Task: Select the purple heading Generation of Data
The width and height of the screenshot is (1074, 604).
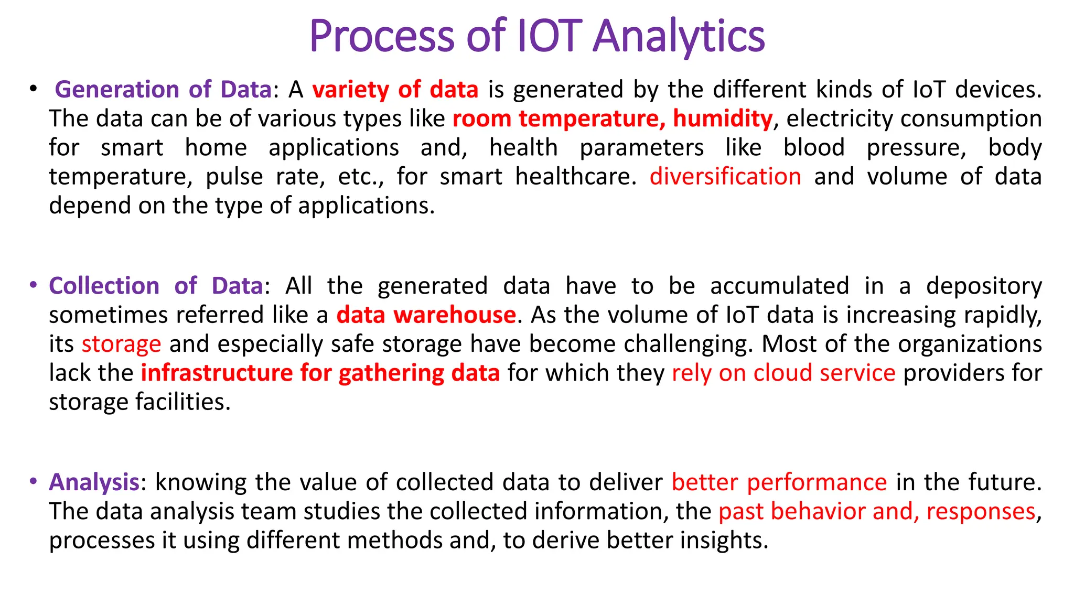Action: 163,90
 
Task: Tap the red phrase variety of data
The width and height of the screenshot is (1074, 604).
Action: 395,90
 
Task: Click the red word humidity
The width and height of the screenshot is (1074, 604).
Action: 722,118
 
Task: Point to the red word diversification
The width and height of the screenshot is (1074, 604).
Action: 725,177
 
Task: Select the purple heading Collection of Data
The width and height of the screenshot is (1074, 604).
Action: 156,286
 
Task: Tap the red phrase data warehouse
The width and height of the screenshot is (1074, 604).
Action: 426,315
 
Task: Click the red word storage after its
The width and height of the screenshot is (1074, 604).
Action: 121,344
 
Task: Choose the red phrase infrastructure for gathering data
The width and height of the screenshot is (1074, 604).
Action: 320,373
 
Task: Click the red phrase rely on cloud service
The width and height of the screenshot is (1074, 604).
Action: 783,373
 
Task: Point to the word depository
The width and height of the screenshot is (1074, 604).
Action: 984,286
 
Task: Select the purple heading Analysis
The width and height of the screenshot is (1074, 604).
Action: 94,482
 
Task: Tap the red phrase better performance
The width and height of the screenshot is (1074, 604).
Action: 779,482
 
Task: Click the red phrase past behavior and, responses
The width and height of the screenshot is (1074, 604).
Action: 877,512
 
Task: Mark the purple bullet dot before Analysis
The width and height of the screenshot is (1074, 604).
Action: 33,481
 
